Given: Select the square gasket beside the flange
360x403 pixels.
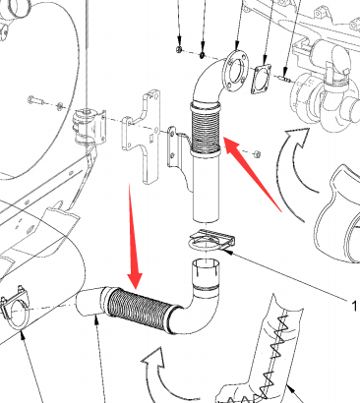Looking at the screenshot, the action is (x=262, y=79).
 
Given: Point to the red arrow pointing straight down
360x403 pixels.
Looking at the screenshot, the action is (x=135, y=238).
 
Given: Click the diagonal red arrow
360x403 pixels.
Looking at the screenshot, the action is (x=252, y=174).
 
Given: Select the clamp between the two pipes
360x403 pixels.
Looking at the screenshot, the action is (x=211, y=241).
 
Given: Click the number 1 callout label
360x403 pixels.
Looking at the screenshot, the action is (x=354, y=307).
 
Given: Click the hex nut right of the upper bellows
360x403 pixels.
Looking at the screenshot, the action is (x=257, y=153).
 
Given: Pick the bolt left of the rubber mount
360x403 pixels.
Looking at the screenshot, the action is (x=35, y=99).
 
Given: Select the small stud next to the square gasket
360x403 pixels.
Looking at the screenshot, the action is (x=284, y=79).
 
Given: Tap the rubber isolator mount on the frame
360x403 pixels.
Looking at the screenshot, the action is (x=89, y=126).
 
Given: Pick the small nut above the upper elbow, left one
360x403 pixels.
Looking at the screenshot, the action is (x=179, y=49).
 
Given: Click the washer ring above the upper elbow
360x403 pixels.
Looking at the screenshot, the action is (x=203, y=54).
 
